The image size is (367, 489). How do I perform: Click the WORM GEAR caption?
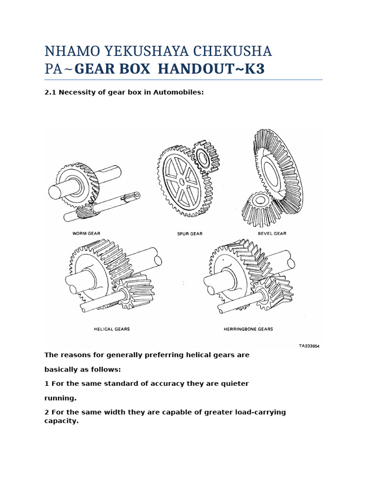coord(86,234)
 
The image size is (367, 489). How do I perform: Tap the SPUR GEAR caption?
coord(190,234)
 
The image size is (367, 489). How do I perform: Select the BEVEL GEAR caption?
coord(272,234)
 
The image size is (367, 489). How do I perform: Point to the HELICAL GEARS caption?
coord(112,329)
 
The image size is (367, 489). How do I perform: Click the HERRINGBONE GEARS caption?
coord(248,329)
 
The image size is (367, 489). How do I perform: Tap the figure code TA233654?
coord(309,347)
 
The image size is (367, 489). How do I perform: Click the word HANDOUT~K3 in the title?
coord(211,70)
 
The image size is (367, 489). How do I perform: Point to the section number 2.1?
coord(50,93)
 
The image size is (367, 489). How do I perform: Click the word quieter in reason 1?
coord(234,383)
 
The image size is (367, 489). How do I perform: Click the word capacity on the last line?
coord(61,421)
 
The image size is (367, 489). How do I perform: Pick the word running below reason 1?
coord(60,397)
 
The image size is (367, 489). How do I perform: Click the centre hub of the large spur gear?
coord(182,182)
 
